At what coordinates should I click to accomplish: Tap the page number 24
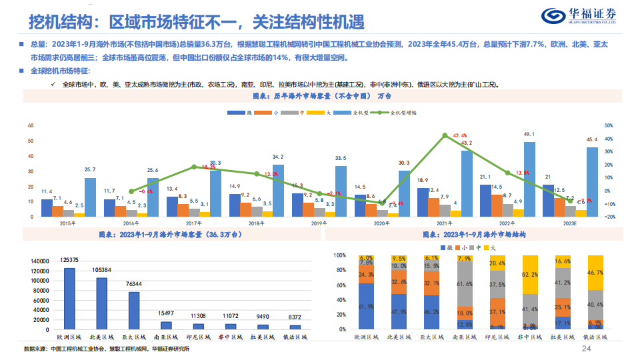click(x=587, y=349)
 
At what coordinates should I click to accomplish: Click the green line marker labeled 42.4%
click(x=445, y=136)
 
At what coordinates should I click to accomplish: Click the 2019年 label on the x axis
click(x=320, y=224)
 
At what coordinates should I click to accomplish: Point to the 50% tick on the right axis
click(x=609, y=125)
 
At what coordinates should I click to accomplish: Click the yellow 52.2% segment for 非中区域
click(x=530, y=275)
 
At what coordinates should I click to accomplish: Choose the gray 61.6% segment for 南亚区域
click(x=465, y=283)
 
